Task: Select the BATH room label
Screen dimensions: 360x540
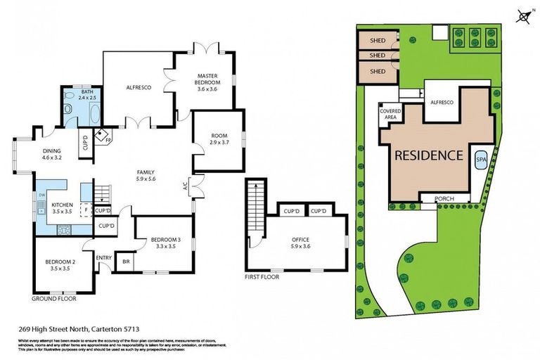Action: pyautogui.click(x=86, y=92)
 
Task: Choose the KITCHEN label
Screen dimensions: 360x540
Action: pyautogui.click(x=63, y=206)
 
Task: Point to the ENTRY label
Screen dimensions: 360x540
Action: pyautogui.click(x=104, y=257)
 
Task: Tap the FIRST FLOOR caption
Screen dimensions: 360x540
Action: pyautogui.click(x=262, y=276)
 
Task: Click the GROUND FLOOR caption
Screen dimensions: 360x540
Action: pyautogui.click(x=54, y=298)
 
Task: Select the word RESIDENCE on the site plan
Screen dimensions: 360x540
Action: pyautogui.click(x=427, y=155)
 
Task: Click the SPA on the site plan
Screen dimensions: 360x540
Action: pyautogui.click(x=482, y=160)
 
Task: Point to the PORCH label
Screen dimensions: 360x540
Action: pyautogui.click(x=444, y=199)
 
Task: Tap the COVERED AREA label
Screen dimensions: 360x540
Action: pyautogui.click(x=390, y=114)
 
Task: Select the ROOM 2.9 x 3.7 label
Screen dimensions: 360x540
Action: pyautogui.click(x=219, y=139)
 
